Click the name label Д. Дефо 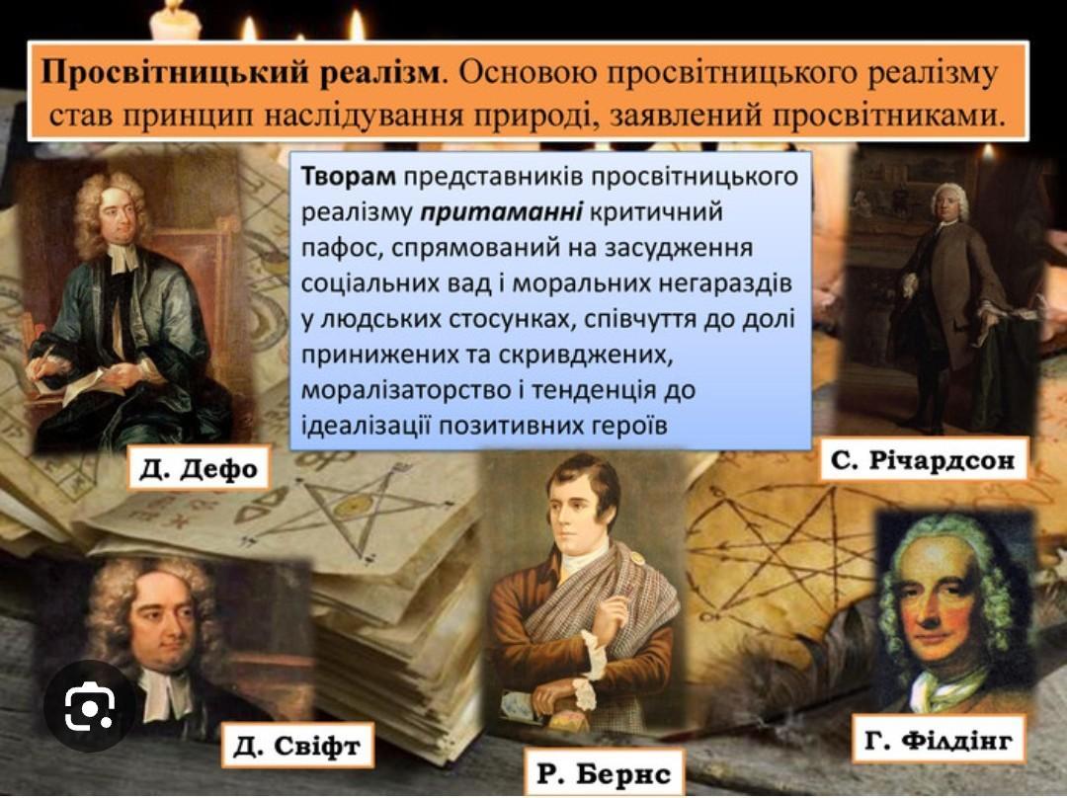(x=200, y=468)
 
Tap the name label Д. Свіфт (x=297, y=746)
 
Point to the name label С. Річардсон (x=923, y=460)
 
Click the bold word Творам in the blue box (x=348, y=176)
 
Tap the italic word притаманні (x=501, y=212)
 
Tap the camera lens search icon (x=89, y=706)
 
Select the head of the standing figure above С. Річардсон (x=950, y=202)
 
